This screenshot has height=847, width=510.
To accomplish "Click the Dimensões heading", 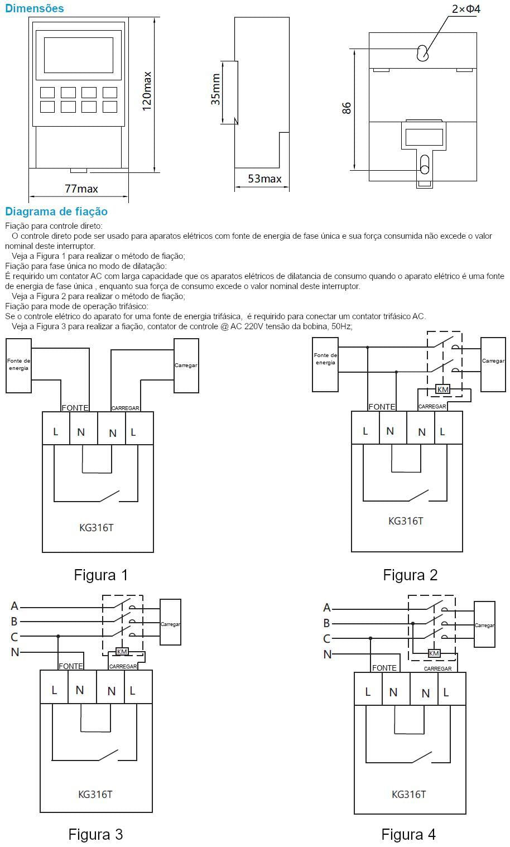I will coord(34,8).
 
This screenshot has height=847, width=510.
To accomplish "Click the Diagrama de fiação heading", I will coord(56,211).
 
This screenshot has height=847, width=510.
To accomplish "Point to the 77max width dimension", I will coord(81,189).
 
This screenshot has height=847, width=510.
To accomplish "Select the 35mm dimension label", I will coord(216,90).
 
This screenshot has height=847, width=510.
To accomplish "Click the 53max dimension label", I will coord(264,179).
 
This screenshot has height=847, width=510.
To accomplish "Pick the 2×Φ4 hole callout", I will coord(466,9).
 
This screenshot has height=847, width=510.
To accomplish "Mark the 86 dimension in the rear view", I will coord(347,108).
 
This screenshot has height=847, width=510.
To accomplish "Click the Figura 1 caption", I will coord(101,575).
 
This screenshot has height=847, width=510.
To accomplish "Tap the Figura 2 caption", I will coord(410,575).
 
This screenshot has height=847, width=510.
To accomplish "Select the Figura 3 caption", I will coord(95,834).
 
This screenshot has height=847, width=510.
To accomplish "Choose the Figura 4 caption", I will coord(408,834).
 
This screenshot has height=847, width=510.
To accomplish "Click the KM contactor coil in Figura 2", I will coord(442,389).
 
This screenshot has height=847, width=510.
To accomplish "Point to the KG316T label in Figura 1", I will coord(96,527).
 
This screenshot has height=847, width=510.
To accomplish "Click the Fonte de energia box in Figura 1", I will coord(18,365).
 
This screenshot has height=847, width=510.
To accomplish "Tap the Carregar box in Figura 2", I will coord(493,361).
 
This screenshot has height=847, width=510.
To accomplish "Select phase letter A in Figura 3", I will coord(15,606).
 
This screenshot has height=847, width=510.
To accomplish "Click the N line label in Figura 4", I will coord(328,654).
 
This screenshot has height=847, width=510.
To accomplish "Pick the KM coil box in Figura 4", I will coord(434,653).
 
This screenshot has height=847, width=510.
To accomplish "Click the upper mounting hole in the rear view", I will coord(423,53).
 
